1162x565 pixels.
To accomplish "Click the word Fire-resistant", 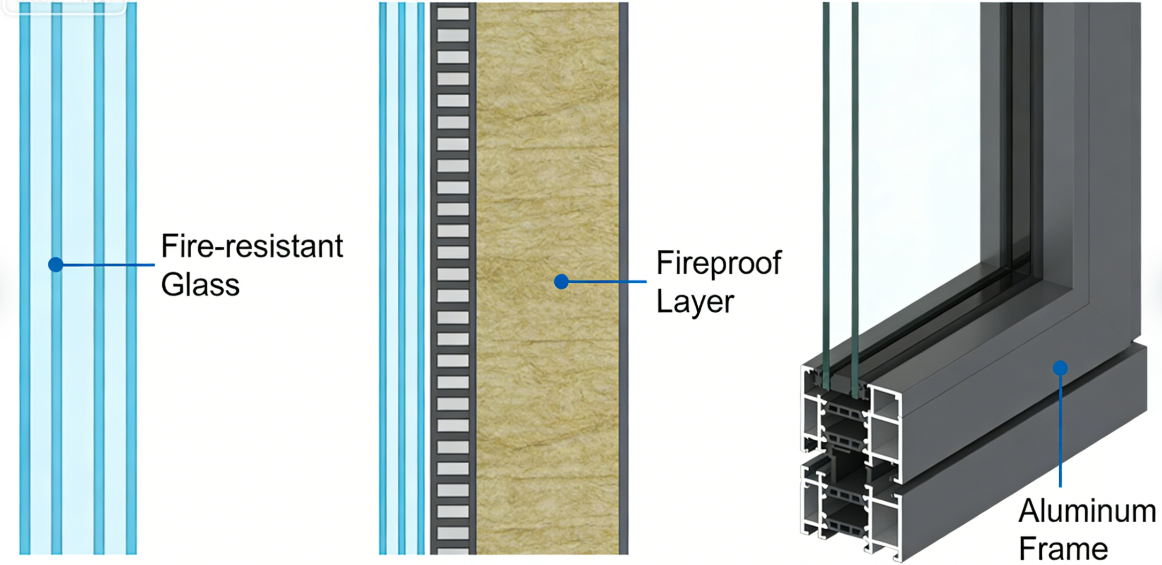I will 252,247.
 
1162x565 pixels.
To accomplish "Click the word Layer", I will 695,302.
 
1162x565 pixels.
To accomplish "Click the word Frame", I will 1063,549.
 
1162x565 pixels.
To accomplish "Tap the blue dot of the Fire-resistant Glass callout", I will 56,265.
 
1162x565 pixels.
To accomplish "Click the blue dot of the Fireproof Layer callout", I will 561,282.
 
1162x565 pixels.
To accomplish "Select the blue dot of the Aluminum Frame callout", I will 1060,368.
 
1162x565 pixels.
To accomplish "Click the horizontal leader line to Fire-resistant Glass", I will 107,265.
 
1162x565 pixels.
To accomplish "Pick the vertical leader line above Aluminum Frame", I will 1060,428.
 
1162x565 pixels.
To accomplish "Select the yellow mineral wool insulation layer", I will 546,161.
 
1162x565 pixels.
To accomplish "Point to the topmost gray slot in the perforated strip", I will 452,14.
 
